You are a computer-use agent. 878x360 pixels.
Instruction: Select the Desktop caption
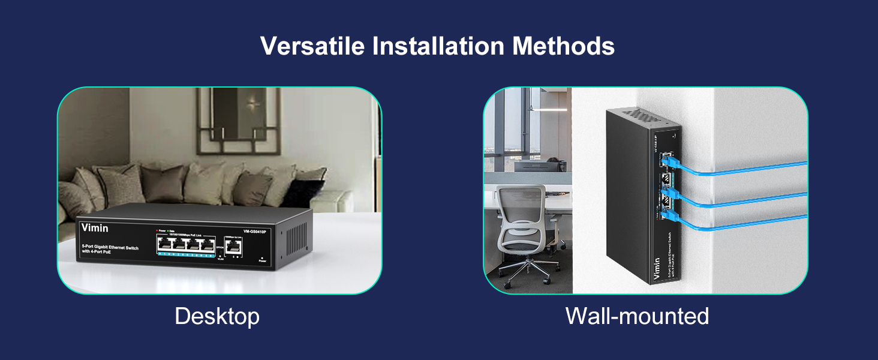[217, 316]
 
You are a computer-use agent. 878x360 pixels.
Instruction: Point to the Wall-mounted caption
[637, 316]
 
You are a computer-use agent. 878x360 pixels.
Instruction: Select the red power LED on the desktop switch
[157, 230]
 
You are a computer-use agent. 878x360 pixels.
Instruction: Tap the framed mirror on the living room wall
[237, 123]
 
